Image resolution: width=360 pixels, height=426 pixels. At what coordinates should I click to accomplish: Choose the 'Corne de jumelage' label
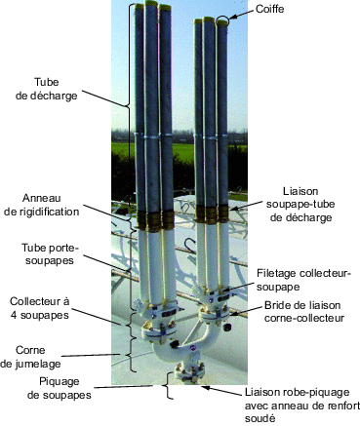coord(40,356)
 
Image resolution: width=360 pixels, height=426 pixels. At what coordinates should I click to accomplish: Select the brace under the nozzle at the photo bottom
coord(170,388)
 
